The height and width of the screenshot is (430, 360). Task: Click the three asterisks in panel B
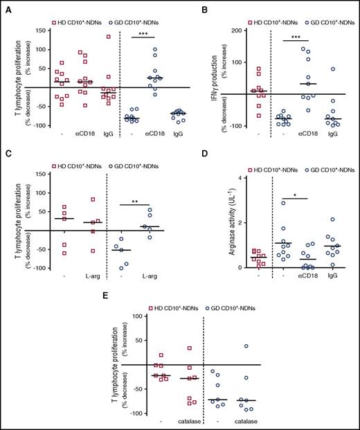point(294,33)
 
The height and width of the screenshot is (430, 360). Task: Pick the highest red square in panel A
point(89,36)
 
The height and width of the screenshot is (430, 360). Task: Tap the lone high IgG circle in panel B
point(333,69)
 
